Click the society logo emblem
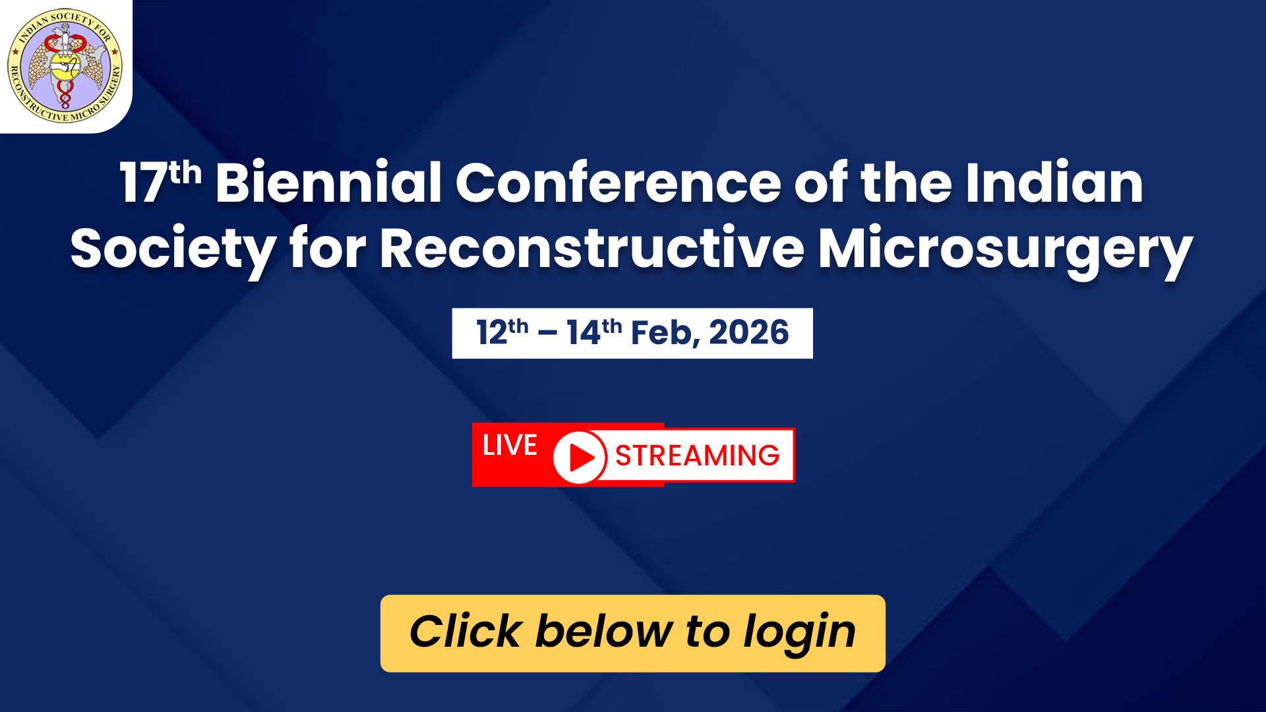(65, 65)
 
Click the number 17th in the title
(160, 181)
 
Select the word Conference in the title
(618, 181)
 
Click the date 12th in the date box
(502, 332)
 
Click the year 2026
(749, 332)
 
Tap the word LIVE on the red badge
(510, 446)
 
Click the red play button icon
(579, 456)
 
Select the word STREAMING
(698, 456)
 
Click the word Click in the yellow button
(466, 631)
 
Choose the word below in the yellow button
(603, 631)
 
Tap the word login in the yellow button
(799, 634)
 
